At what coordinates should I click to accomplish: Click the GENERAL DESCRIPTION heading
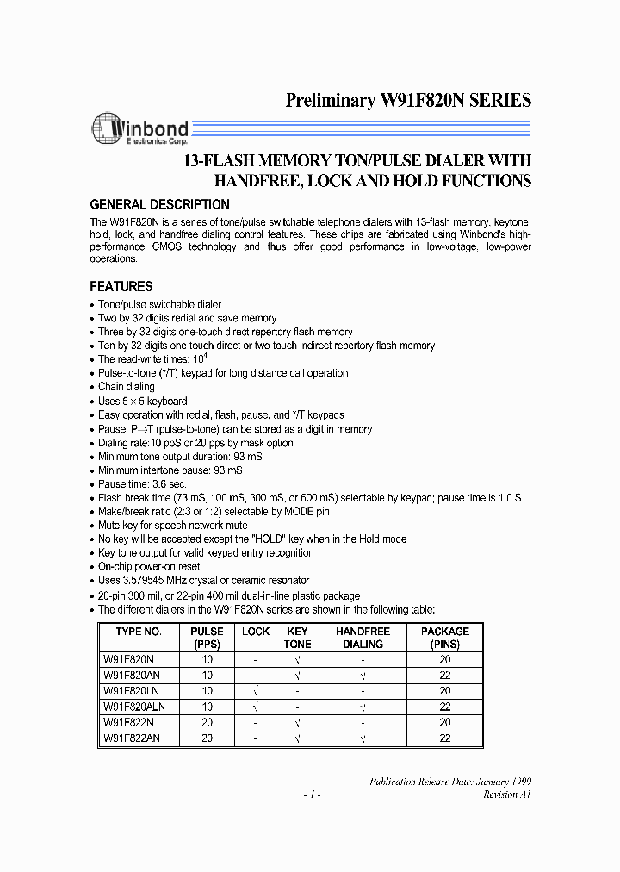click(160, 205)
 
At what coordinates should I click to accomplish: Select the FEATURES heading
click(121, 286)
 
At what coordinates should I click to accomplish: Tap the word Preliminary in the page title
click(331, 100)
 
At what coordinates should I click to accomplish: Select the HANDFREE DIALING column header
click(363, 638)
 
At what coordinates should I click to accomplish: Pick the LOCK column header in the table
click(256, 632)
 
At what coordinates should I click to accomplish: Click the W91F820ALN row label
click(133, 707)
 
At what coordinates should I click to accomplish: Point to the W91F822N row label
click(130, 722)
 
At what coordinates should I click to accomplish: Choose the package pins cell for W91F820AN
click(444, 676)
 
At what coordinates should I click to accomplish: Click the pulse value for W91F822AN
click(208, 738)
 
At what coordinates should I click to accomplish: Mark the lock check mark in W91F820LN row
click(256, 691)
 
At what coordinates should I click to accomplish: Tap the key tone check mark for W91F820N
click(297, 660)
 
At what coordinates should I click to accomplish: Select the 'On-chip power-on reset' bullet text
click(149, 566)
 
